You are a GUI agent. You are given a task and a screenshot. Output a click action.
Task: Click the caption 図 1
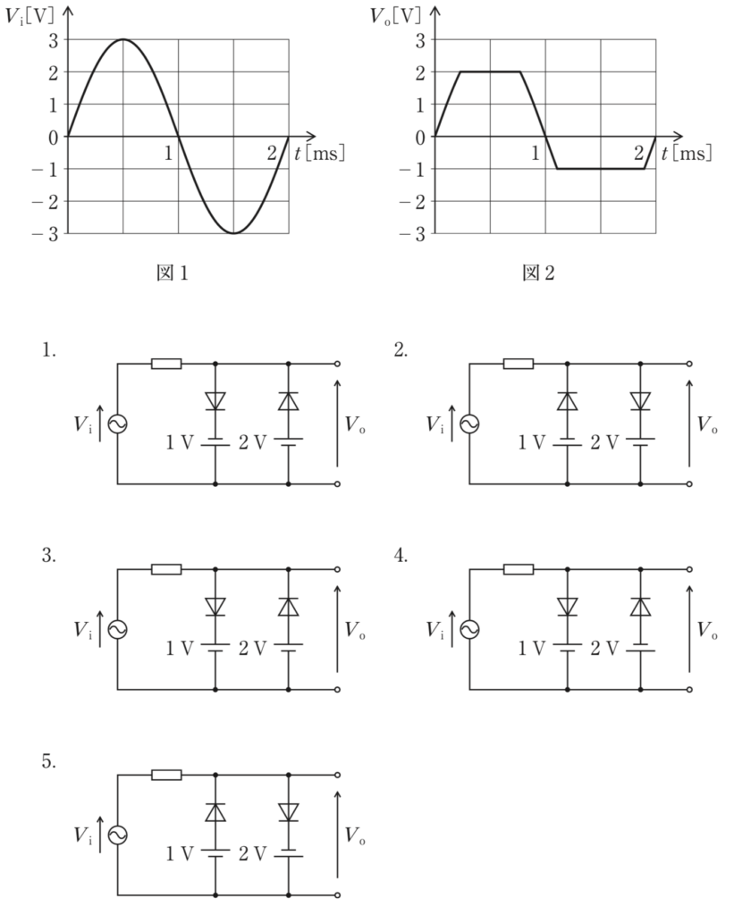(173, 273)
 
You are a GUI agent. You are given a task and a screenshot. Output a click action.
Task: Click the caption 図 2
(538, 273)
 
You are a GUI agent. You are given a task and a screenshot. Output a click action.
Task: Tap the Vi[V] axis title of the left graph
(29, 16)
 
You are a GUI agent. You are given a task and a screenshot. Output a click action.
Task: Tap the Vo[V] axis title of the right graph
(395, 16)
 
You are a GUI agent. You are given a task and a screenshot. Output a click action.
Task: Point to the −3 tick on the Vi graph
(46, 234)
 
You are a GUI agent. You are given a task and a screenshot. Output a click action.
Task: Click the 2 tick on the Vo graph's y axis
(420, 72)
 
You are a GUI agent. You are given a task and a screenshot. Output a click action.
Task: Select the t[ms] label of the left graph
(319, 154)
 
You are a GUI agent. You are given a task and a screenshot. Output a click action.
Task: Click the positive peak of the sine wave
(123, 39)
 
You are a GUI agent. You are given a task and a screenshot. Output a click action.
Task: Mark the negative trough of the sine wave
(233, 233)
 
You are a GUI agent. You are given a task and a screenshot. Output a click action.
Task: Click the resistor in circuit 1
(166, 365)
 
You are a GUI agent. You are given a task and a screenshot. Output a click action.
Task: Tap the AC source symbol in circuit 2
(468, 424)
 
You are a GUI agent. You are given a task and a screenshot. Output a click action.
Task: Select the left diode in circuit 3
(215, 607)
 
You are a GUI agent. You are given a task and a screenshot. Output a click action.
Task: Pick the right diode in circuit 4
(640, 607)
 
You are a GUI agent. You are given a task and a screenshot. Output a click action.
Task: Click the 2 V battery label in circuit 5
(252, 854)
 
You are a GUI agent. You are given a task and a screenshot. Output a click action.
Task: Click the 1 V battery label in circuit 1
(180, 443)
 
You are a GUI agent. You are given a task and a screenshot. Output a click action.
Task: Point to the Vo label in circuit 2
(706, 425)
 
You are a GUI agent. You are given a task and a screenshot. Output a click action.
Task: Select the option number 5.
(49, 761)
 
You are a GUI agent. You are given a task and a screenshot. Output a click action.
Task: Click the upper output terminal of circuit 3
(337, 569)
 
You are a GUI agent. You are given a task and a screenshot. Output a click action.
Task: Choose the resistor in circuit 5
(166, 776)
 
